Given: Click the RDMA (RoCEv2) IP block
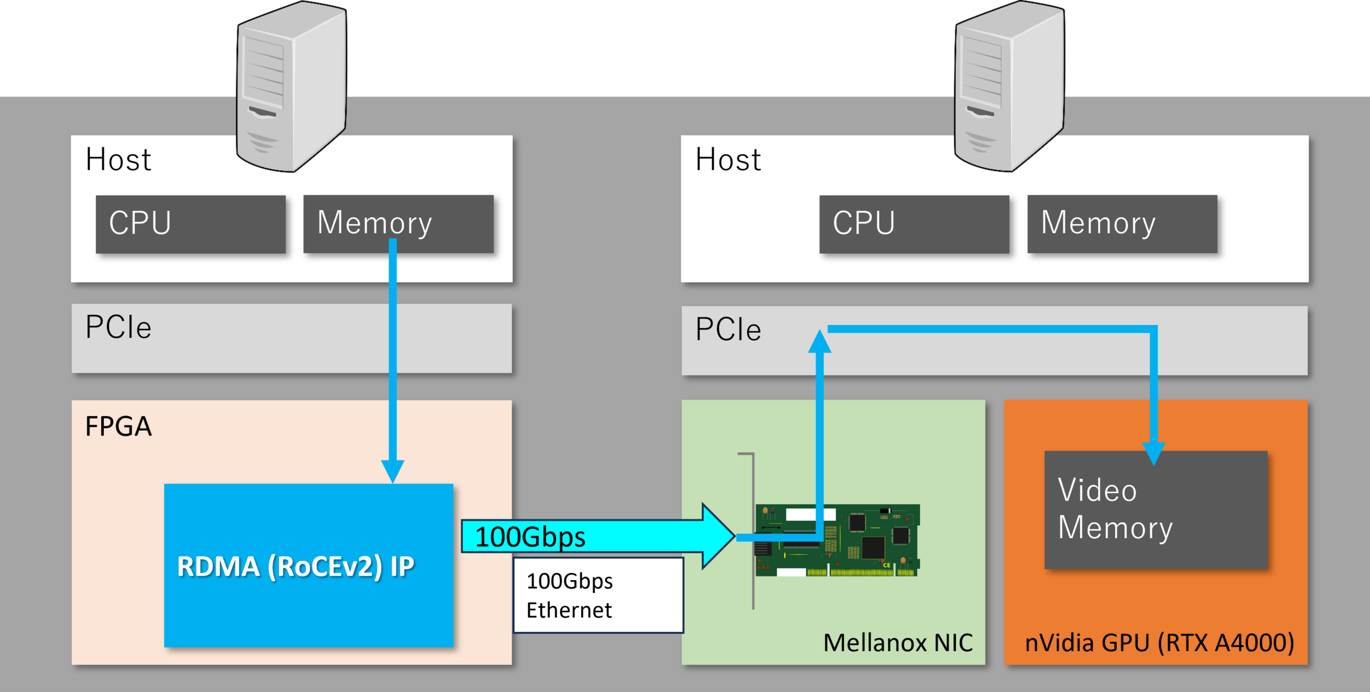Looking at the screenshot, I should pyautogui.click(x=308, y=566).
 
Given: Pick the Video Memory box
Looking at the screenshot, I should pyautogui.click(x=1156, y=510).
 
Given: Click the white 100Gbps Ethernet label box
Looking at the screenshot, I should pyautogui.click(x=598, y=595).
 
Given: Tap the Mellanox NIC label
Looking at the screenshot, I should pyautogui.click(x=898, y=642).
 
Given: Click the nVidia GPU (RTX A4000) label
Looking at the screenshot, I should pyautogui.click(x=1159, y=642).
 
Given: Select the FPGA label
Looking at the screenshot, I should pyautogui.click(x=118, y=426).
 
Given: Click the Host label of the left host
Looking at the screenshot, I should pyautogui.click(x=118, y=159).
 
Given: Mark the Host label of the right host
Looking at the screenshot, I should pyautogui.click(x=728, y=159).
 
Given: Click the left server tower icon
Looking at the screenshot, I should pyautogui.click(x=292, y=86).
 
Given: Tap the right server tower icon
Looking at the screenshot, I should pyautogui.click(x=1009, y=86).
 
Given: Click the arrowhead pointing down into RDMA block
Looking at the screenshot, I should pyautogui.click(x=393, y=471).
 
